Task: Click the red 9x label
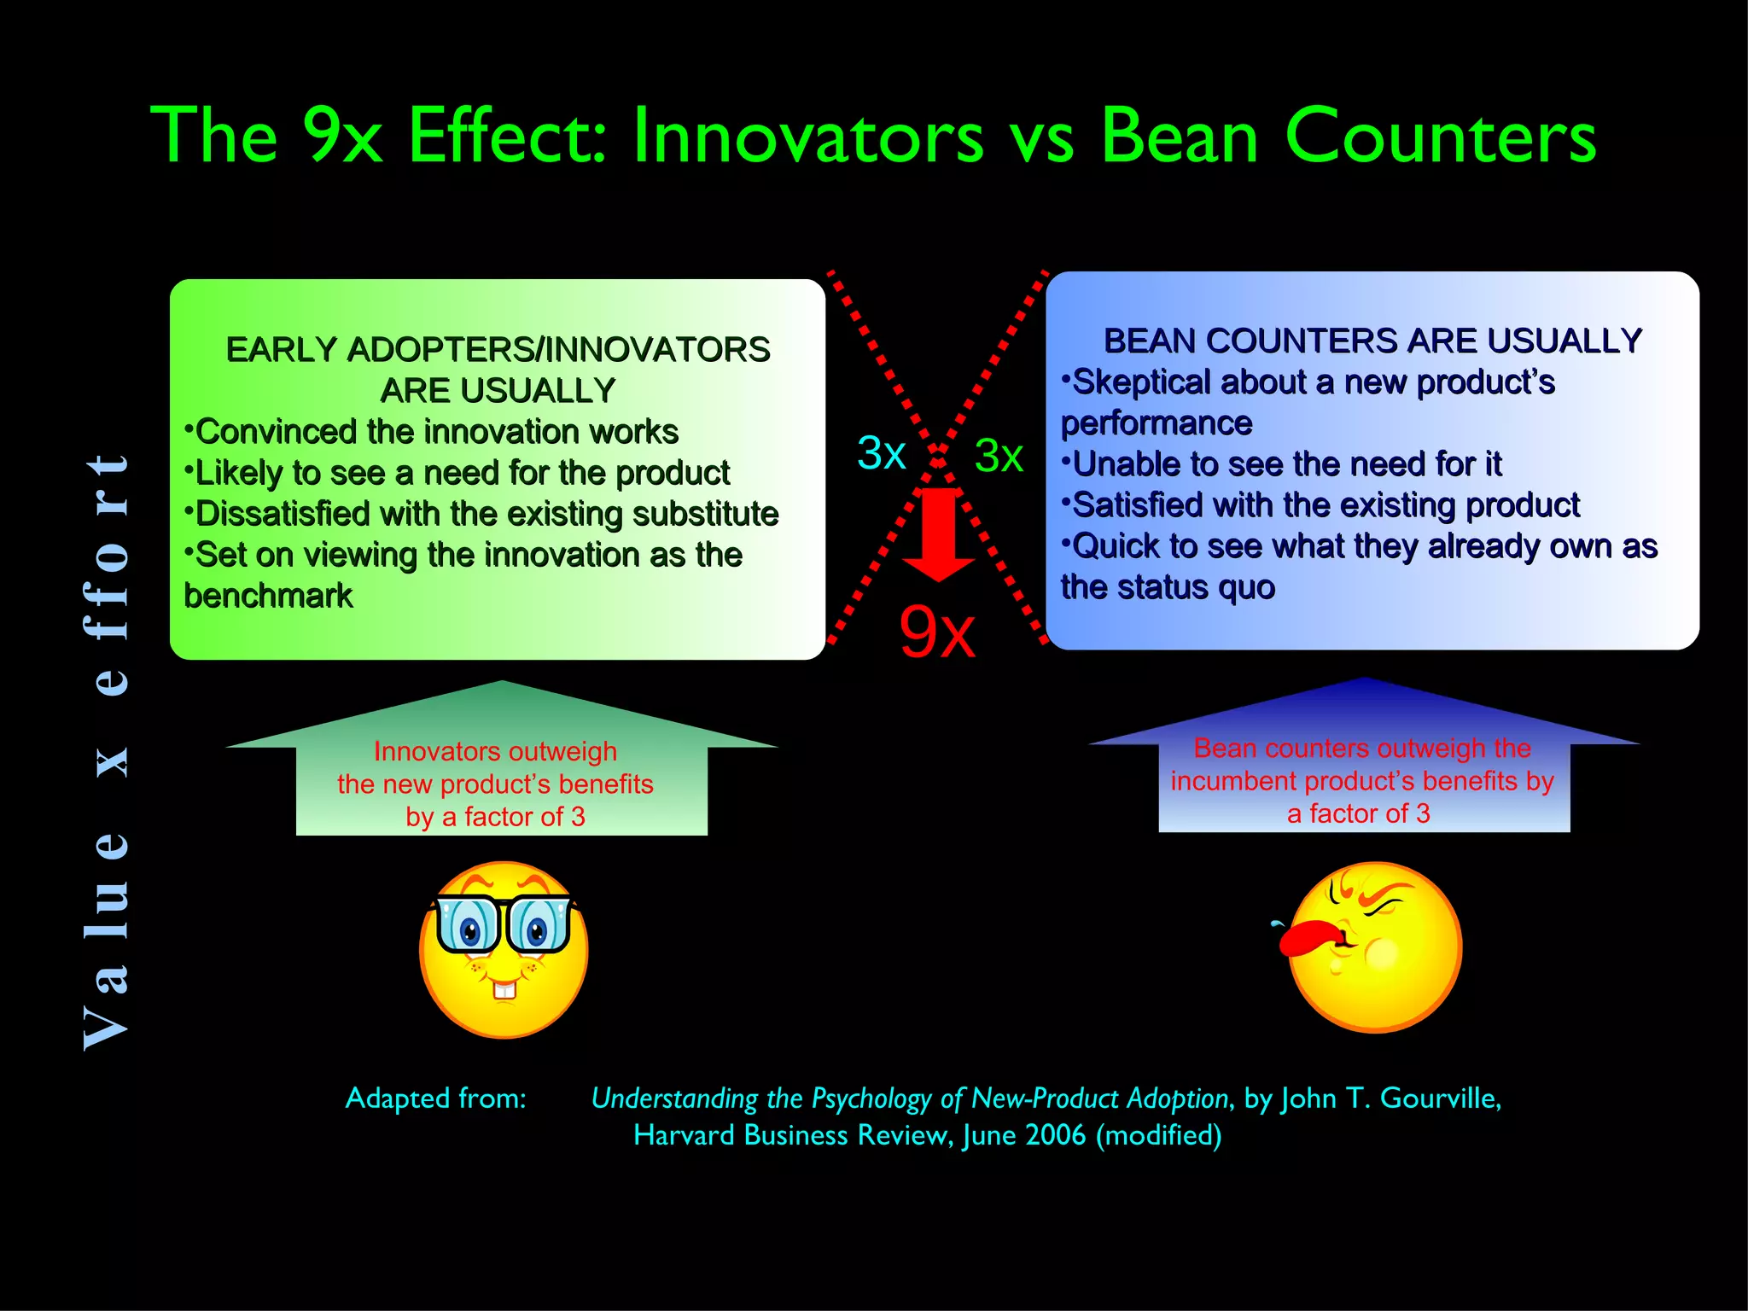(x=936, y=632)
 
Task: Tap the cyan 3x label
(x=881, y=453)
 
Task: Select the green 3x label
(x=998, y=456)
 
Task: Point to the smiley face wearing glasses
(x=504, y=948)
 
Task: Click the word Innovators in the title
(x=807, y=137)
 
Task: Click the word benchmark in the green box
(x=268, y=596)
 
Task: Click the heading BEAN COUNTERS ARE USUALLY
(x=1372, y=341)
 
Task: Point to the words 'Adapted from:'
(x=435, y=1098)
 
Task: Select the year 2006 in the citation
(x=1056, y=1135)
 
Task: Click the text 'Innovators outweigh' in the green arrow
(x=495, y=751)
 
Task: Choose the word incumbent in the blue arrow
(x=1237, y=781)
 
